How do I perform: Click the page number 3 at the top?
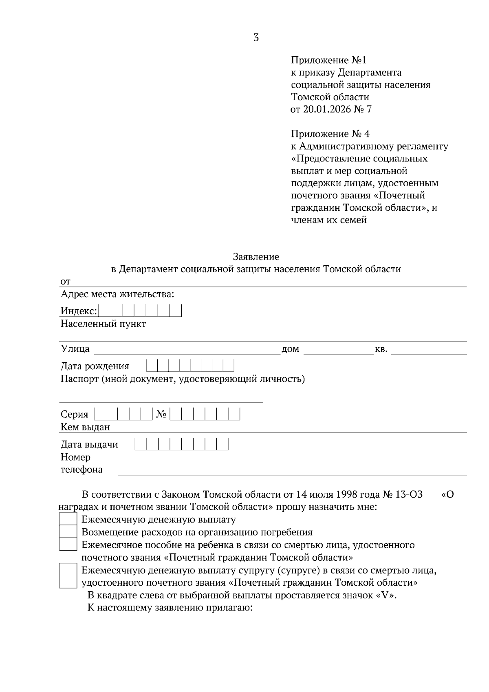click(256, 38)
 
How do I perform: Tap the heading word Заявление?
click(256, 257)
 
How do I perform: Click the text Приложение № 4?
click(330, 134)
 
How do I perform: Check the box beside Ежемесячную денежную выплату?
click(68, 519)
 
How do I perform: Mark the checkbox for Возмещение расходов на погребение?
click(68, 532)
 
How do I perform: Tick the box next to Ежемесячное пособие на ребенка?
click(68, 544)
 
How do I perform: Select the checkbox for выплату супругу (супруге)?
click(68, 575)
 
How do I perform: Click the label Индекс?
click(79, 311)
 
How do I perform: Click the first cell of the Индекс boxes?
click(110, 311)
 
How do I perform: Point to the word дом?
click(290, 349)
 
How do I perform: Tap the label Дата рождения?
click(95, 366)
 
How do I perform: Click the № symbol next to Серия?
click(161, 414)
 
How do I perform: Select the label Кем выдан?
click(85, 427)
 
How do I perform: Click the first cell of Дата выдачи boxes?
click(141, 444)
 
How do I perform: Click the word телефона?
click(81, 469)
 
